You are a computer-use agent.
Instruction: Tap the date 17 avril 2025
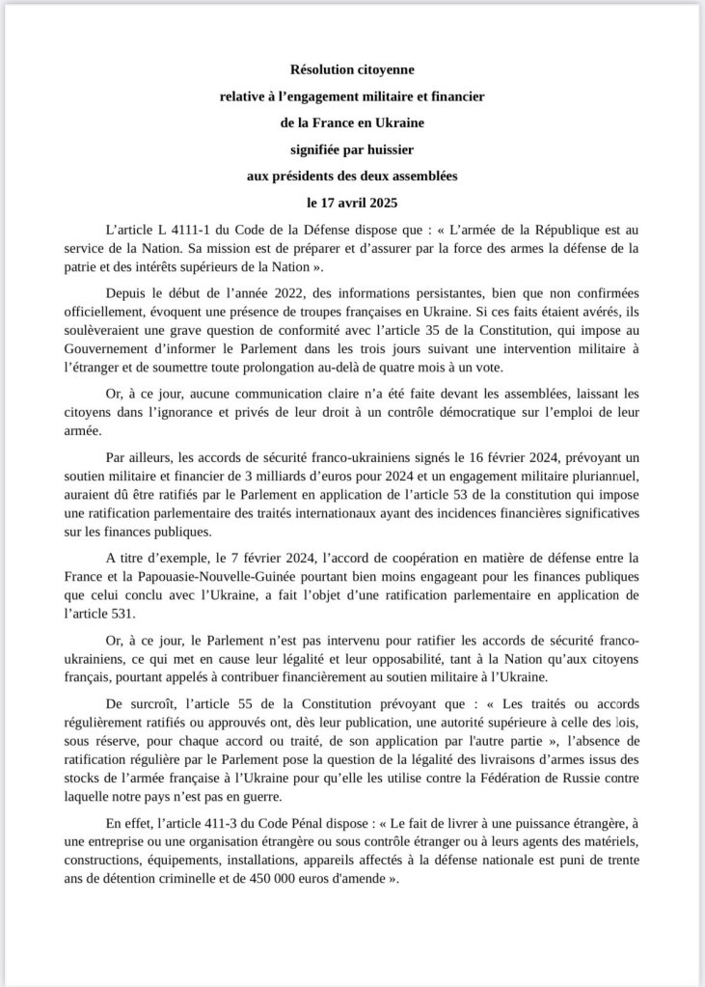(x=359, y=206)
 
